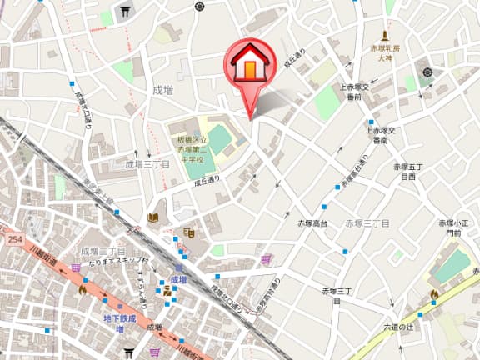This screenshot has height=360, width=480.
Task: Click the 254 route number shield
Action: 12,239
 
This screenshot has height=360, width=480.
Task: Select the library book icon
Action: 152,218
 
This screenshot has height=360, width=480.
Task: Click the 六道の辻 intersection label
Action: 395,327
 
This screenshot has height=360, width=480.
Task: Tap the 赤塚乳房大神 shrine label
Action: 385,54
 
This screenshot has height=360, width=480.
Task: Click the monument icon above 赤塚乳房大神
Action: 385,36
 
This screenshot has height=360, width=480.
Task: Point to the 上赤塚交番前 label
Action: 355,92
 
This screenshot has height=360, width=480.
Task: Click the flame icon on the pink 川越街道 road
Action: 82,290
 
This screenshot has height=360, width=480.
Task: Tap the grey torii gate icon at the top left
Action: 126,11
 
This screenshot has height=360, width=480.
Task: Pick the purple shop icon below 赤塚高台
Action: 267,259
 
